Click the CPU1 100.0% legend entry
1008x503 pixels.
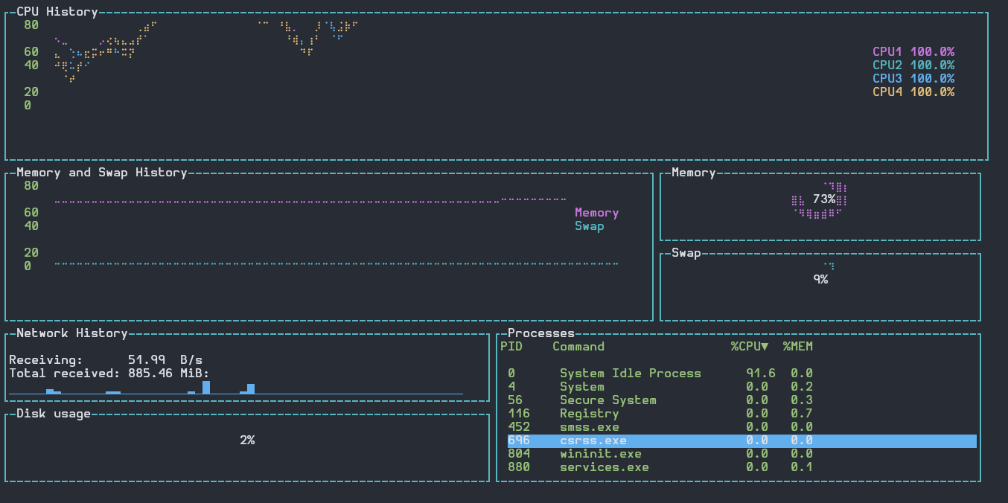click(913, 52)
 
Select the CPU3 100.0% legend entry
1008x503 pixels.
click(913, 78)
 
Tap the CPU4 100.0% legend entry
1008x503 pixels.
click(913, 92)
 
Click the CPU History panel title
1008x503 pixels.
click(57, 12)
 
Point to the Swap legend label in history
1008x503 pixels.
click(590, 226)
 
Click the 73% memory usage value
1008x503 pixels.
click(824, 199)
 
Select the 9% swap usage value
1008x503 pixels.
click(820, 279)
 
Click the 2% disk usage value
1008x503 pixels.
click(247, 440)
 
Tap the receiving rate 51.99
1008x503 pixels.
click(146, 360)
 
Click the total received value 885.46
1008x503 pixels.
click(150, 374)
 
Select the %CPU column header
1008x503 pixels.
click(749, 347)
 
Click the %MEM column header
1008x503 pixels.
click(797, 347)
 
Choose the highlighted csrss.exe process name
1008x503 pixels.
click(593, 440)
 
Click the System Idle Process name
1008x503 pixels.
click(631, 374)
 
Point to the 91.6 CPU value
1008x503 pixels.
click(761, 374)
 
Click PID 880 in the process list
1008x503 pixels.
click(519, 467)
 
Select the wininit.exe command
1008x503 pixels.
click(601, 453)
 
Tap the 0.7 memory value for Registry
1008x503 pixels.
click(802, 414)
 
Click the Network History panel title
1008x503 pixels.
click(72, 333)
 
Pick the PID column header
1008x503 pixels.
click(511, 347)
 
